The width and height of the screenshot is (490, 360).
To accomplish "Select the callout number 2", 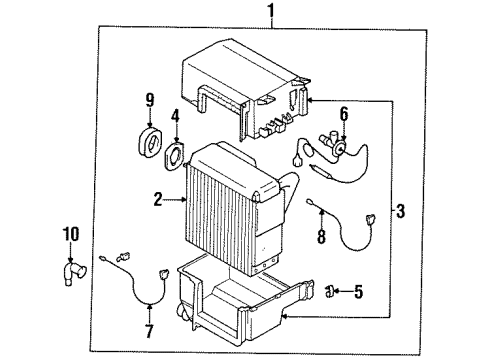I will (157, 200).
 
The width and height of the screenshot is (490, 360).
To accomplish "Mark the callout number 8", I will (322, 238).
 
